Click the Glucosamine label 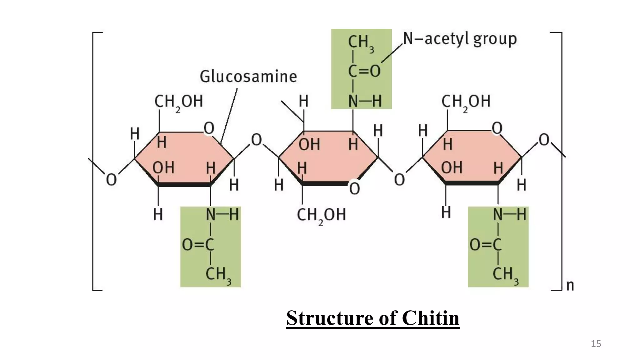[x=248, y=77]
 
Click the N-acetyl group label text [x=460, y=39]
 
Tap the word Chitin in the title [x=430, y=318]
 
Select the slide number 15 [x=596, y=344]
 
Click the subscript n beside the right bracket [x=570, y=286]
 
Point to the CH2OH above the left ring [x=178, y=102]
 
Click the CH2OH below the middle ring [x=321, y=215]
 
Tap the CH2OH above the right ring [x=466, y=102]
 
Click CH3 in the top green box [x=361, y=42]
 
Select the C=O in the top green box [x=364, y=71]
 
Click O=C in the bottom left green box [x=198, y=245]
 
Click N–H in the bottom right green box [x=509, y=215]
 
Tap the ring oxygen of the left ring [x=209, y=128]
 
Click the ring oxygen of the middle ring [x=354, y=189]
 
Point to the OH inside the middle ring [x=309, y=144]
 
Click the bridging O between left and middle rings [x=256, y=140]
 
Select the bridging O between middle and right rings [x=399, y=180]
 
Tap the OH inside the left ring [x=163, y=167]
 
